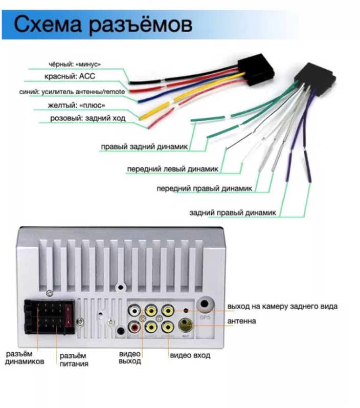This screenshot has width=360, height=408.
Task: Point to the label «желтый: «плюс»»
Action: (x=77, y=105)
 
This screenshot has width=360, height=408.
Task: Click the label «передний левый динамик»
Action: (x=173, y=168)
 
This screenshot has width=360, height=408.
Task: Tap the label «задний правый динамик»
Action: (x=233, y=212)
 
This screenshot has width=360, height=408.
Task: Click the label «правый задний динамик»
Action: (x=144, y=147)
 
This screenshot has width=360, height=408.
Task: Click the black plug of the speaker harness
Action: (x=315, y=77)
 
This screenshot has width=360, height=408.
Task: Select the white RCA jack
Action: (x=135, y=310)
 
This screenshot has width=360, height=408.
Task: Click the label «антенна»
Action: (x=242, y=321)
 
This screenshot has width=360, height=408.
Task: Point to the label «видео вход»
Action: (x=190, y=355)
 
